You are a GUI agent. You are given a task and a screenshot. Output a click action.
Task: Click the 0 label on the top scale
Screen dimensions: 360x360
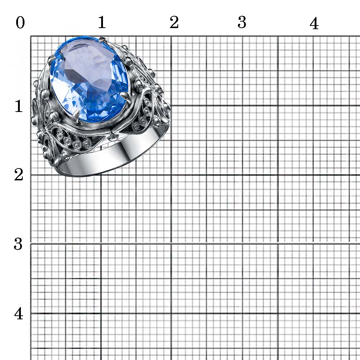tap(20, 23)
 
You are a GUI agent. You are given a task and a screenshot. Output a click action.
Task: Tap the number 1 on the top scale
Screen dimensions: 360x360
tap(102, 22)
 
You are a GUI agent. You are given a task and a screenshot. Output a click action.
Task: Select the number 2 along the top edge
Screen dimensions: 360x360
tap(174, 22)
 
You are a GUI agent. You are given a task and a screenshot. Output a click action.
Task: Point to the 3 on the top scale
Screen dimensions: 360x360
tap(242, 22)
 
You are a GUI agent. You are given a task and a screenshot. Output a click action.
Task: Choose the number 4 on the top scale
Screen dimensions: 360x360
tap(314, 23)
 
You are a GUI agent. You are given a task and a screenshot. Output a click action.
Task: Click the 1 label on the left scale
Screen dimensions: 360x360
tap(19, 106)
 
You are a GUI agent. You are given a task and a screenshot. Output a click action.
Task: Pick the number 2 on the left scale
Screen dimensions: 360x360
tap(19, 175)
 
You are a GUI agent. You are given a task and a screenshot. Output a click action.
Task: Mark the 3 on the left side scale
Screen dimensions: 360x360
tap(18, 244)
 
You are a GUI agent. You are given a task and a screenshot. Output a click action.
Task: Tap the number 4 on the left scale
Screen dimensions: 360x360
tap(19, 314)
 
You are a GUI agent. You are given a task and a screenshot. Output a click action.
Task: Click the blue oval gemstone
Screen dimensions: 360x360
tap(89, 79)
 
